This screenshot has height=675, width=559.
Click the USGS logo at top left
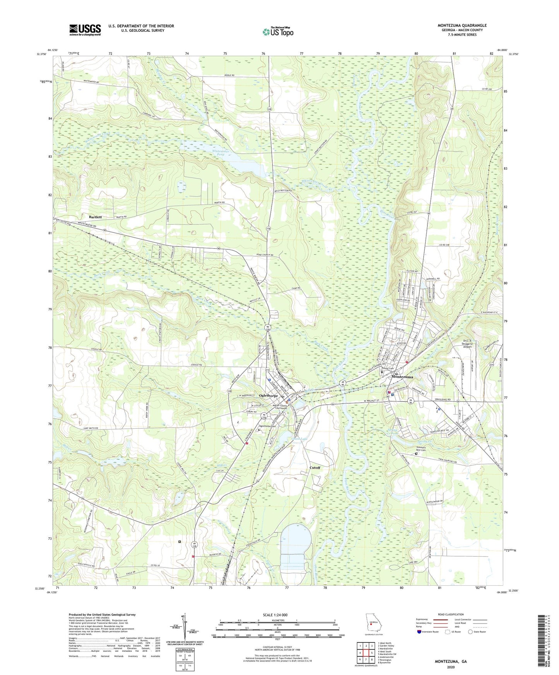click(x=85, y=29)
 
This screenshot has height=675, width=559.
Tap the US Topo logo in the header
click(x=278, y=32)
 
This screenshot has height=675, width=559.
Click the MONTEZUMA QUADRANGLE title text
click(x=462, y=26)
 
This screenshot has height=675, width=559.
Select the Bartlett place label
click(x=95, y=217)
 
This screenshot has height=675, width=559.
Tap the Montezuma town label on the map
click(x=402, y=377)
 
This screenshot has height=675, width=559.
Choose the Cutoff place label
click(x=315, y=467)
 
